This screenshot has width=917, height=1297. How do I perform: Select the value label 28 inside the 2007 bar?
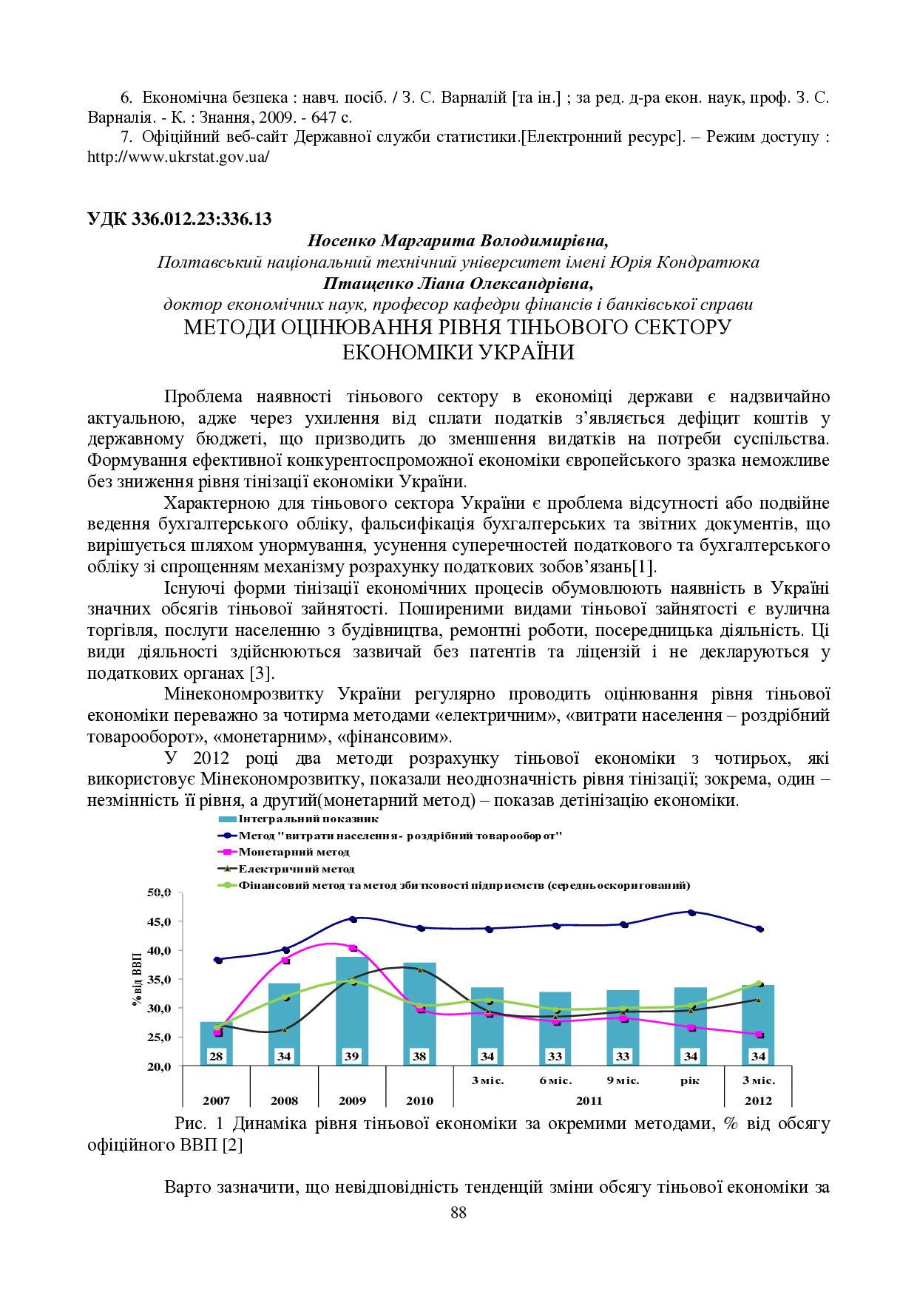[x=216, y=1056]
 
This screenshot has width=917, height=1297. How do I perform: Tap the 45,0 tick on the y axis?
[x=160, y=921]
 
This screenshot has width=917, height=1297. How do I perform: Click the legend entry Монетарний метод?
[x=294, y=852]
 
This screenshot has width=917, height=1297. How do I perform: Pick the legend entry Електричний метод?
[x=297, y=869]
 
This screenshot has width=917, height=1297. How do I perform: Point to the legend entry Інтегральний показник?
[x=308, y=819]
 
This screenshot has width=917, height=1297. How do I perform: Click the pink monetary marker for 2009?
[x=353, y=948]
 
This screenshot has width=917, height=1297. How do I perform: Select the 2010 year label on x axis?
[x=419, y=1100]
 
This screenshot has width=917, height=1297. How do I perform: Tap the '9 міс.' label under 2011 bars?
[x=623, y=1080]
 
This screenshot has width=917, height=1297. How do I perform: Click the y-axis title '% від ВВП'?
[x=137, y=980]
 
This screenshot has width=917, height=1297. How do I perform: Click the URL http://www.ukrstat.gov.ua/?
[x=178, y=157]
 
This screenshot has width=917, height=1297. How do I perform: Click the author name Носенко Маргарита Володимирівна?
[x=458, y=241]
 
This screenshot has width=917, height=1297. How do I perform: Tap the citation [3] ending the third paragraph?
[x=261, y=674]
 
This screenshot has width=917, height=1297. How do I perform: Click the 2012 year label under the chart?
[x=758, y=1100]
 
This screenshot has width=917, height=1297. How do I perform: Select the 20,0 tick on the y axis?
[x=160, y=1066]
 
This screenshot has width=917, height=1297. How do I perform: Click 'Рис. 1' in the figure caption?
[x=199, y=1124]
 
